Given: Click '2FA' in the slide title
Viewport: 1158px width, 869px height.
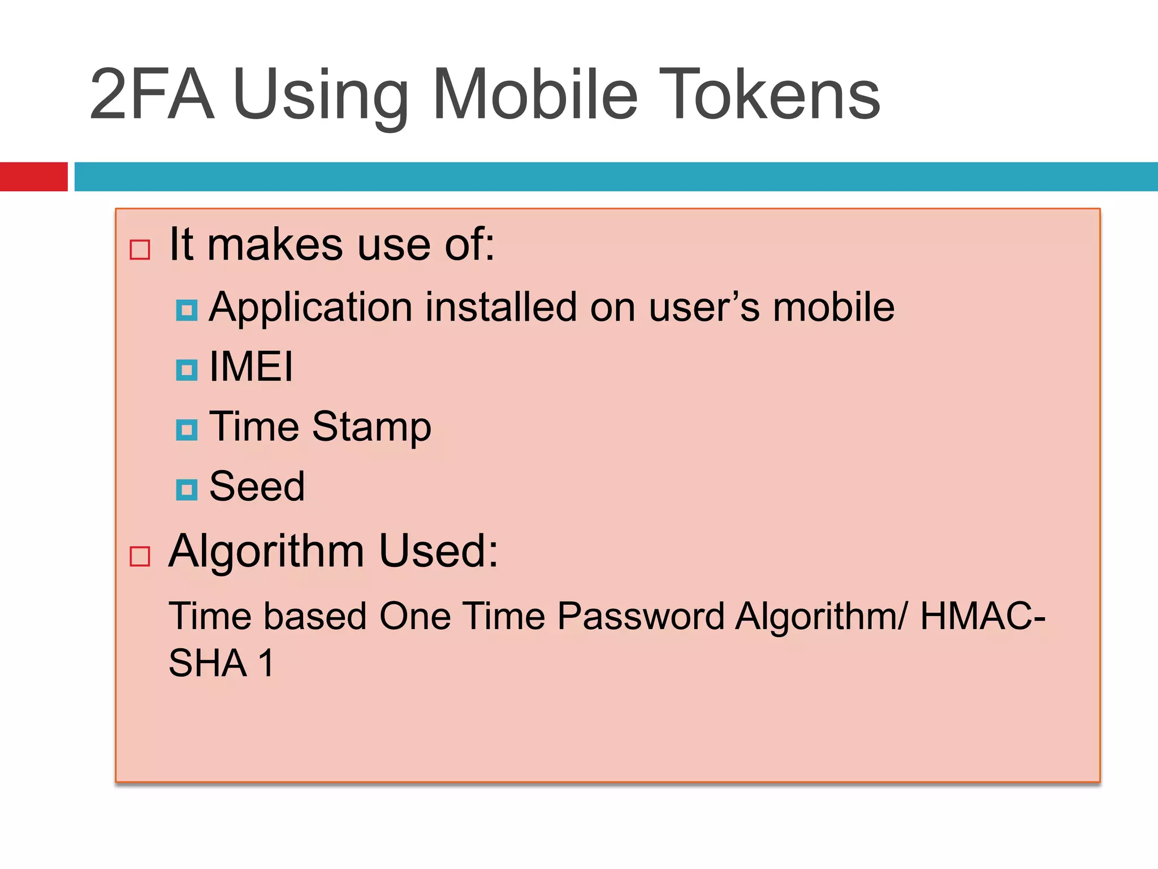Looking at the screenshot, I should tap(152, 94).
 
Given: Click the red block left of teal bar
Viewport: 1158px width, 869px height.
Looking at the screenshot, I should tap(33, 177).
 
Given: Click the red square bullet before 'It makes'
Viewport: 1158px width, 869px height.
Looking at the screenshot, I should tap(140, 249).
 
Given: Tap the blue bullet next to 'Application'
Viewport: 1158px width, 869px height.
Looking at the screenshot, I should tap(187, 310).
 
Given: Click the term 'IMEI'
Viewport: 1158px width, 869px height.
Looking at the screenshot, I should tap(251, 367).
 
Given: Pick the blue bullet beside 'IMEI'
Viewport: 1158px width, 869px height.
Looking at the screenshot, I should tap(187, 370).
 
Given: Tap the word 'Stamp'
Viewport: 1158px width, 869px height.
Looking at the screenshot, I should tap(371, 427).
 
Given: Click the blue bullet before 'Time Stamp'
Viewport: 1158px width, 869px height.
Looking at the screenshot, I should tap(187, 430).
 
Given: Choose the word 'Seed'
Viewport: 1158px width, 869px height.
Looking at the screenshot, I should tap(257, 487).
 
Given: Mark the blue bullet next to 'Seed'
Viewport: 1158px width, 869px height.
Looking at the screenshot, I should tap(187, 489).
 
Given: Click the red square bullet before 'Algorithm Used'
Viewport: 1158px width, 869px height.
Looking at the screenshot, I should tap(140, 556).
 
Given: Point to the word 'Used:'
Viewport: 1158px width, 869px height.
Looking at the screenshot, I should tap(438, 551).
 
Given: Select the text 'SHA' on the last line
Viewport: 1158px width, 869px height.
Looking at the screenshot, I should tap(208, 663).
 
